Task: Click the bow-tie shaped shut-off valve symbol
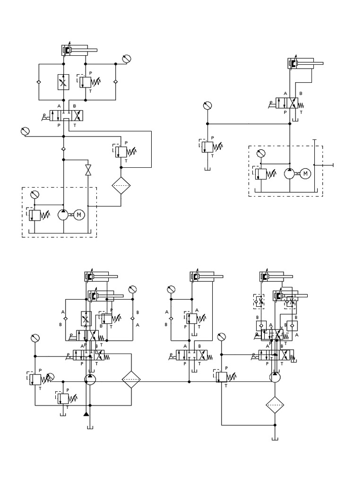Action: [x=88, y=170]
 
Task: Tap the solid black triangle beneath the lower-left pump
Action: [x=86, y=415]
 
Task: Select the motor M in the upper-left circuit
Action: [x=79, y=215]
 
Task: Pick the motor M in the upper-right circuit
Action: [x=305, y=173]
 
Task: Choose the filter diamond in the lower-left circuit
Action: [x=131, y=380]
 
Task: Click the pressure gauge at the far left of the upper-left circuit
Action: [x=25, y=131]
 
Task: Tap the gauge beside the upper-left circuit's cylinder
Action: [x=126, y=59]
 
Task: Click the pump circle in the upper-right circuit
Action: [x=289, y=173]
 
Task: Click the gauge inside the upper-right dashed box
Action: [x=260, y=154]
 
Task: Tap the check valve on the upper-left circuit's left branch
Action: [x=39, y=82]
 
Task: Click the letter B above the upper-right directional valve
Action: [x=301, y=94]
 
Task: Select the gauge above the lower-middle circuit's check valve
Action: [x=172, y=289]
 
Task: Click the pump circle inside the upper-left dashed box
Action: [x=63, y=215]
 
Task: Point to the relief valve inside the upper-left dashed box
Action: [x=35, y=215]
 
